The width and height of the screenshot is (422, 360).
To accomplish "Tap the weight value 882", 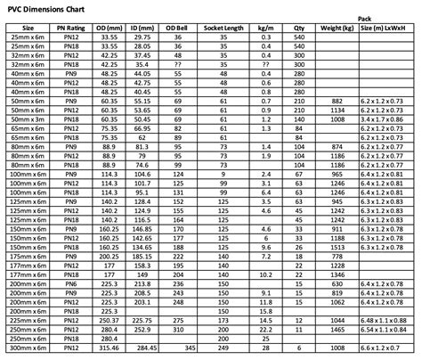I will (x=337, y=102).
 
